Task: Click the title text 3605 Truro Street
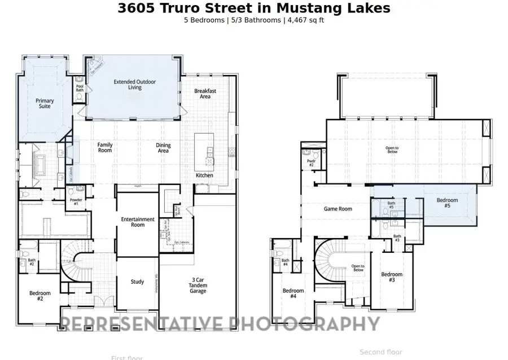253,8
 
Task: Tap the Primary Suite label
45,104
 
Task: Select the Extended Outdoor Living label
135,85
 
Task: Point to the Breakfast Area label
205,94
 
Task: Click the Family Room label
105,148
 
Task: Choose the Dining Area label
163,148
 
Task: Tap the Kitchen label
204,175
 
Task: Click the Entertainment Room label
138,222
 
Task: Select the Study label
137,282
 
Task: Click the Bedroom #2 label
40,296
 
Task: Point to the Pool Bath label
80,88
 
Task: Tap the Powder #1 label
76,201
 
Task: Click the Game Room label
338,209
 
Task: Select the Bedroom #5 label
447,203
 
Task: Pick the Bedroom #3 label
392,278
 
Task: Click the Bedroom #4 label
293,293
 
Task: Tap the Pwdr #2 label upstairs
310,163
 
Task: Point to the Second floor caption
381,352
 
